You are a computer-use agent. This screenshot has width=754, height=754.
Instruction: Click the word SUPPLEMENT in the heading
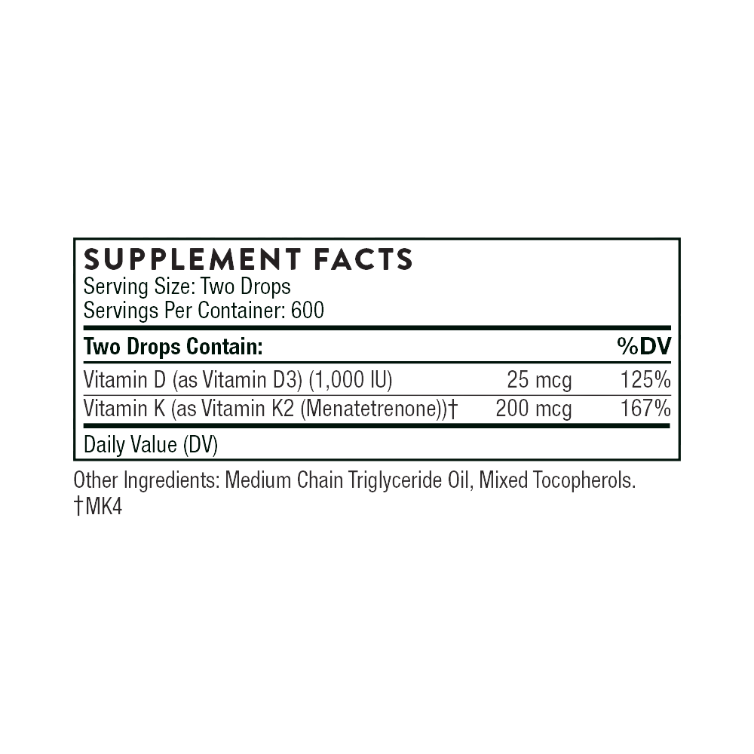190,259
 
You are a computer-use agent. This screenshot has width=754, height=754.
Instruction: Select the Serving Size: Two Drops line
187,287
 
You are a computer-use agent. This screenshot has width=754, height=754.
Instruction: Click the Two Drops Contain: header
172,347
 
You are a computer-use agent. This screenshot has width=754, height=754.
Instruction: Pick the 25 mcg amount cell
540,382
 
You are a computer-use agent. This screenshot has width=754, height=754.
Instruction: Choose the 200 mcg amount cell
533,409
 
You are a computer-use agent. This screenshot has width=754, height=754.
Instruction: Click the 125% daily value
645,382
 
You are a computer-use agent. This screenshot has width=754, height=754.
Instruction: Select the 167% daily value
645,409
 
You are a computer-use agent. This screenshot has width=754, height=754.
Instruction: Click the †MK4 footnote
97,508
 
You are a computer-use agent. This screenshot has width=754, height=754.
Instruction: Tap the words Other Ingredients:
147,481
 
